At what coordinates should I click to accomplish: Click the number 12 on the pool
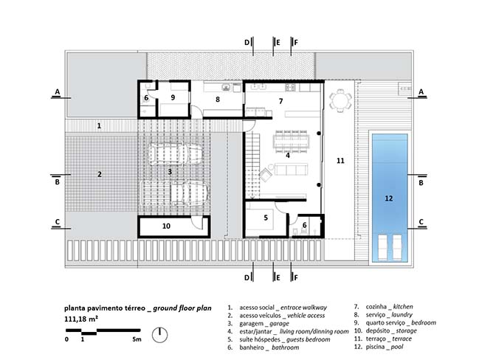pos(388,198)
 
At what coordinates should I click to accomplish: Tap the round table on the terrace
pos(340,100)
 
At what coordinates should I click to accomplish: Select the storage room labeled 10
pos(174,226)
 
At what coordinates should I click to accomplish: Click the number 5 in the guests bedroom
pos(266,218)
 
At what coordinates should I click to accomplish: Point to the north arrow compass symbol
pos(159,335)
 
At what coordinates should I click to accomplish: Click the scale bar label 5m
pos(137,339)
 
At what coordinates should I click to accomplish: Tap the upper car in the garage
pos(176,154)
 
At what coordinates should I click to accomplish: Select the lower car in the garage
pos(174,193)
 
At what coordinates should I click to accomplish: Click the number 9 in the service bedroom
pos(173,97)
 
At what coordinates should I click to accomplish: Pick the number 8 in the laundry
pos(218,100)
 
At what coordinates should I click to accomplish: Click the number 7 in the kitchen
pos(280,101)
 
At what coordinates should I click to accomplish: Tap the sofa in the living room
pos(291,170)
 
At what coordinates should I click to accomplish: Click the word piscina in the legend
pos(375,347)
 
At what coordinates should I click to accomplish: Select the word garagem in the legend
pos(252,323)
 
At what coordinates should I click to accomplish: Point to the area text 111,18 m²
pos(81,319)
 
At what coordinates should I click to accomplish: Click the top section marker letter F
pos(296,43)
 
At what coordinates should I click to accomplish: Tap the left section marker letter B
pos(57,182)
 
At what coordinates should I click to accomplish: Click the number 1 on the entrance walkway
pos(99,126)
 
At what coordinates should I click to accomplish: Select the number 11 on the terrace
pos(340,161)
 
